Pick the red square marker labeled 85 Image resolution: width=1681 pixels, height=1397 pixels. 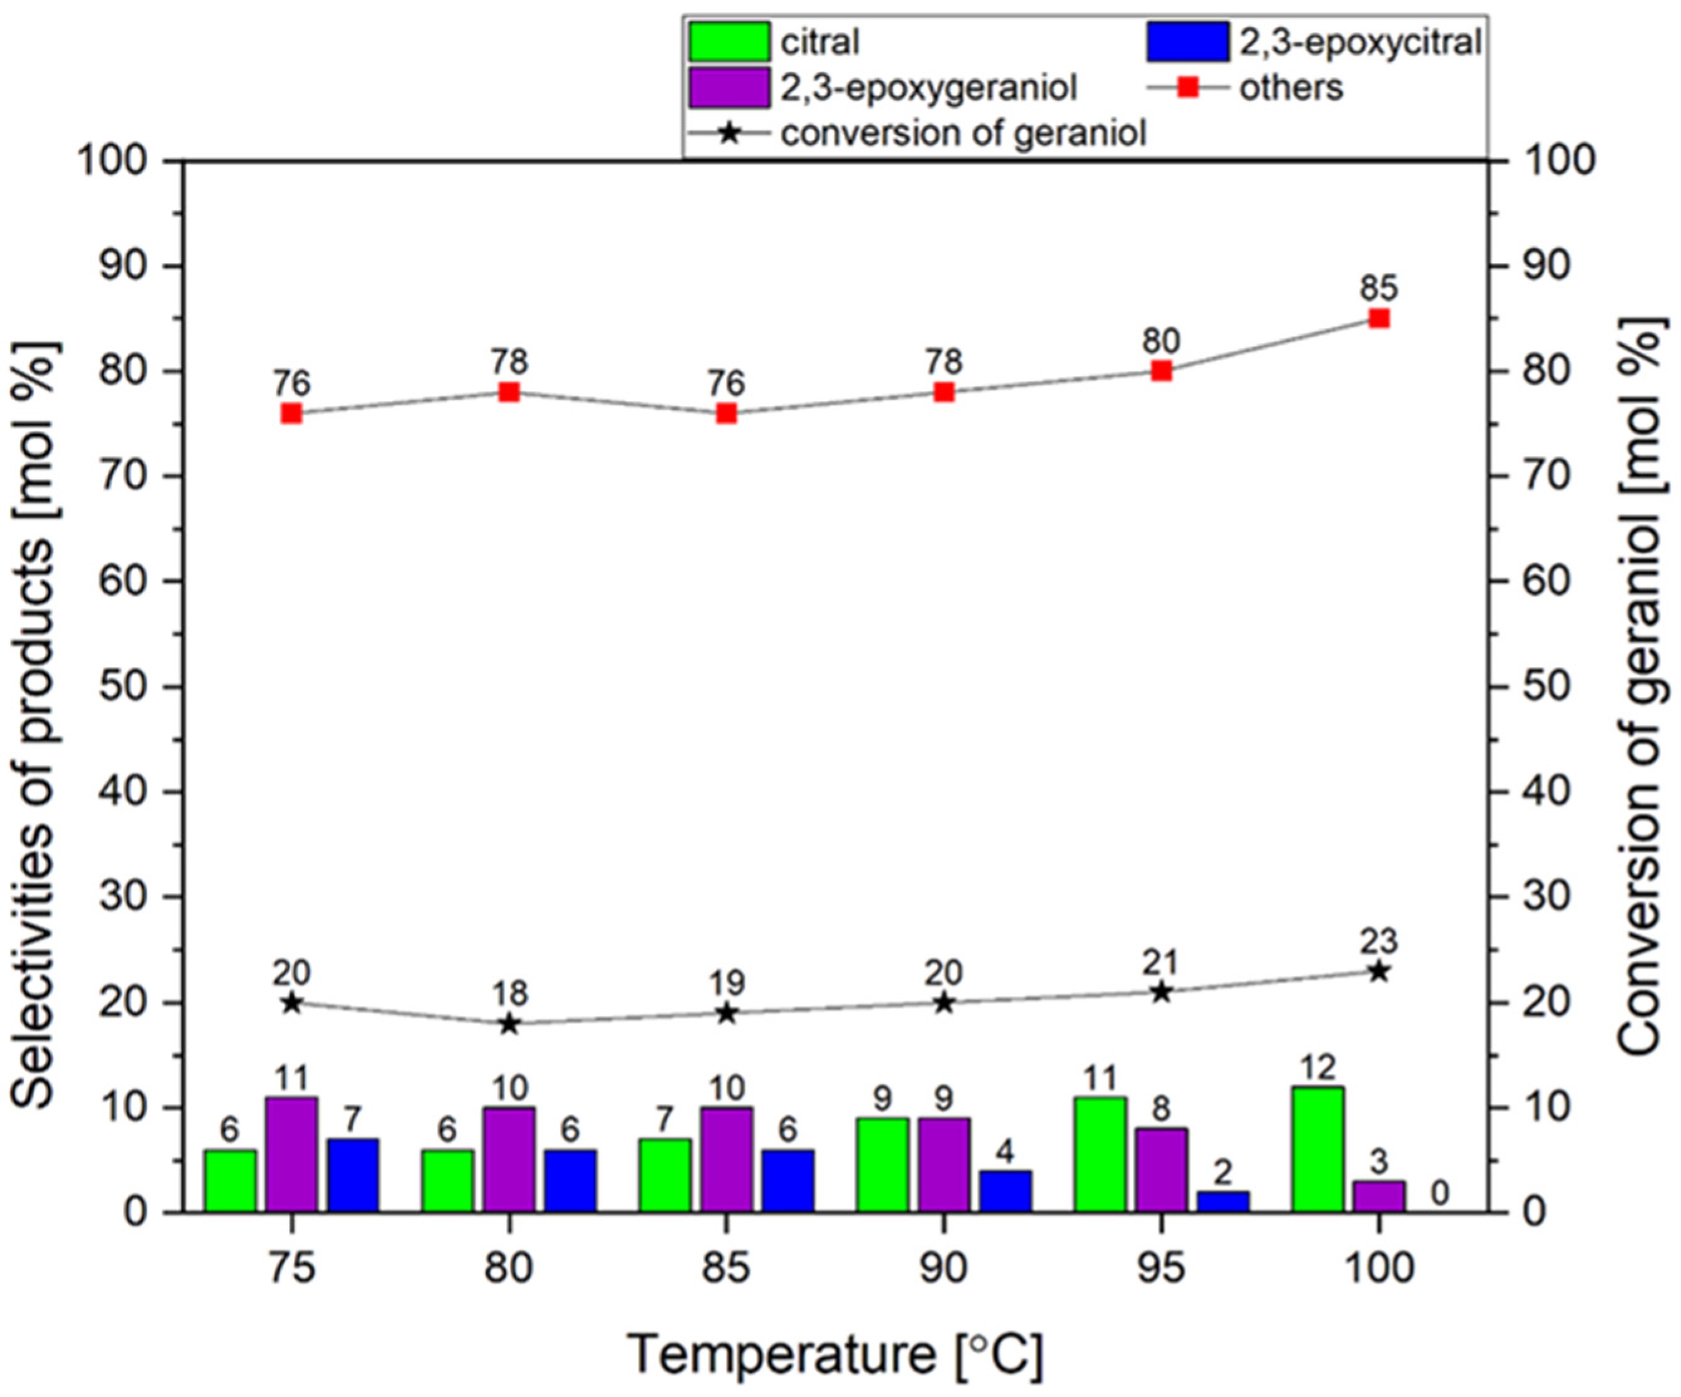pyautogui.click(x=1378, y=318)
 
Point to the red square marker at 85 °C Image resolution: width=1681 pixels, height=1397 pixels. pyautogui.click(x=726, y=414)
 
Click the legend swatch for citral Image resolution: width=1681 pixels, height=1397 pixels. pyautogui.click(x=729, y=41)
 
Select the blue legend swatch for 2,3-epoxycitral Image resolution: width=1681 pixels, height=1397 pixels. pyautogui.click(x=1187, y=41)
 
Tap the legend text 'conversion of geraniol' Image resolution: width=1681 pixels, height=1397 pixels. pyautogui.click(x=964, y=134)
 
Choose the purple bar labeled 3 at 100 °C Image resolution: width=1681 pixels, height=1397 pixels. pyautogui.click(x=1378, y=1196)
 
